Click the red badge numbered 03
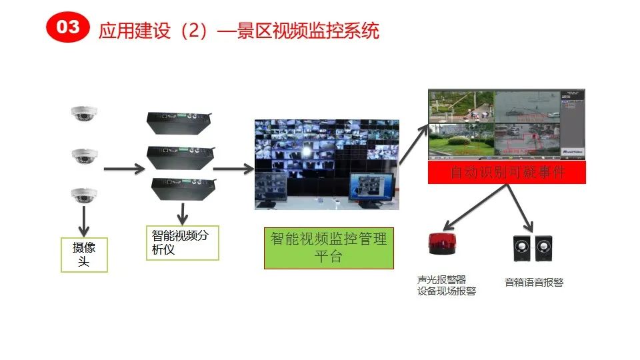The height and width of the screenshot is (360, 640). coord(67,27)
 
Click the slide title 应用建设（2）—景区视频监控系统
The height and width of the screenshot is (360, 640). coord(239,31)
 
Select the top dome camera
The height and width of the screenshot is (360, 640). coord(85,114)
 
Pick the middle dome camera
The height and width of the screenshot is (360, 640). coord(85,155)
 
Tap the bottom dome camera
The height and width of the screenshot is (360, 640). coord(85,195)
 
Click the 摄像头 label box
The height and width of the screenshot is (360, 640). coord(84,255)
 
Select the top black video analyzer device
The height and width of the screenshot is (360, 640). coord(179,123)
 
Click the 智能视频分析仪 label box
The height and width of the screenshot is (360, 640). coord(182,243)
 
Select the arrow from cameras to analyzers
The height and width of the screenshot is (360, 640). coord(124,169)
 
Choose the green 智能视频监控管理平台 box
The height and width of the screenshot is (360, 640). coord(328,247)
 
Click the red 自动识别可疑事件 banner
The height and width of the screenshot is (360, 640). coord(507,173)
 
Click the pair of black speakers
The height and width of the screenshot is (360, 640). coord(531,248)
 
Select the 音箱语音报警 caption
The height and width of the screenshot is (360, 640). coord(534,282)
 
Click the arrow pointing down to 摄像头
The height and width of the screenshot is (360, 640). coord(85,220)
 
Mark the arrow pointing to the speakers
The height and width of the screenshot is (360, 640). coord(521,207)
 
